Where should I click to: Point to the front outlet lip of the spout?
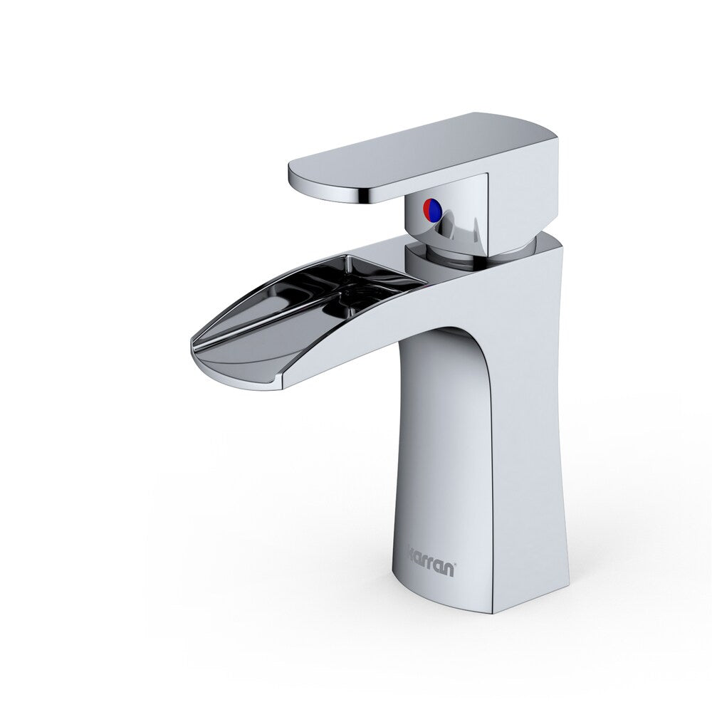(235, 367)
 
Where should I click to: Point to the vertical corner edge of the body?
(492, 463)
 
